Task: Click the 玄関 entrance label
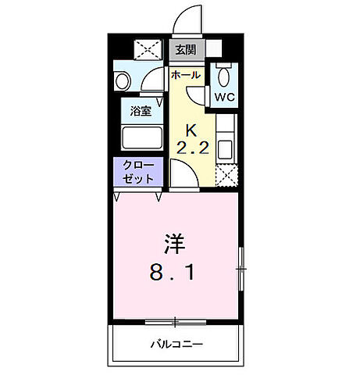(185, 52)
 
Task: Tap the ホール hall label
(185, 75)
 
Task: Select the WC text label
(225, 97)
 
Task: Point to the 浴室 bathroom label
(141, 110)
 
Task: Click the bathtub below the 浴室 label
(141, 138)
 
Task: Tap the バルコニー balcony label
(176, 344)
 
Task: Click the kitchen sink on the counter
(224, 148)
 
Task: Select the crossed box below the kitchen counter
(225, 176)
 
